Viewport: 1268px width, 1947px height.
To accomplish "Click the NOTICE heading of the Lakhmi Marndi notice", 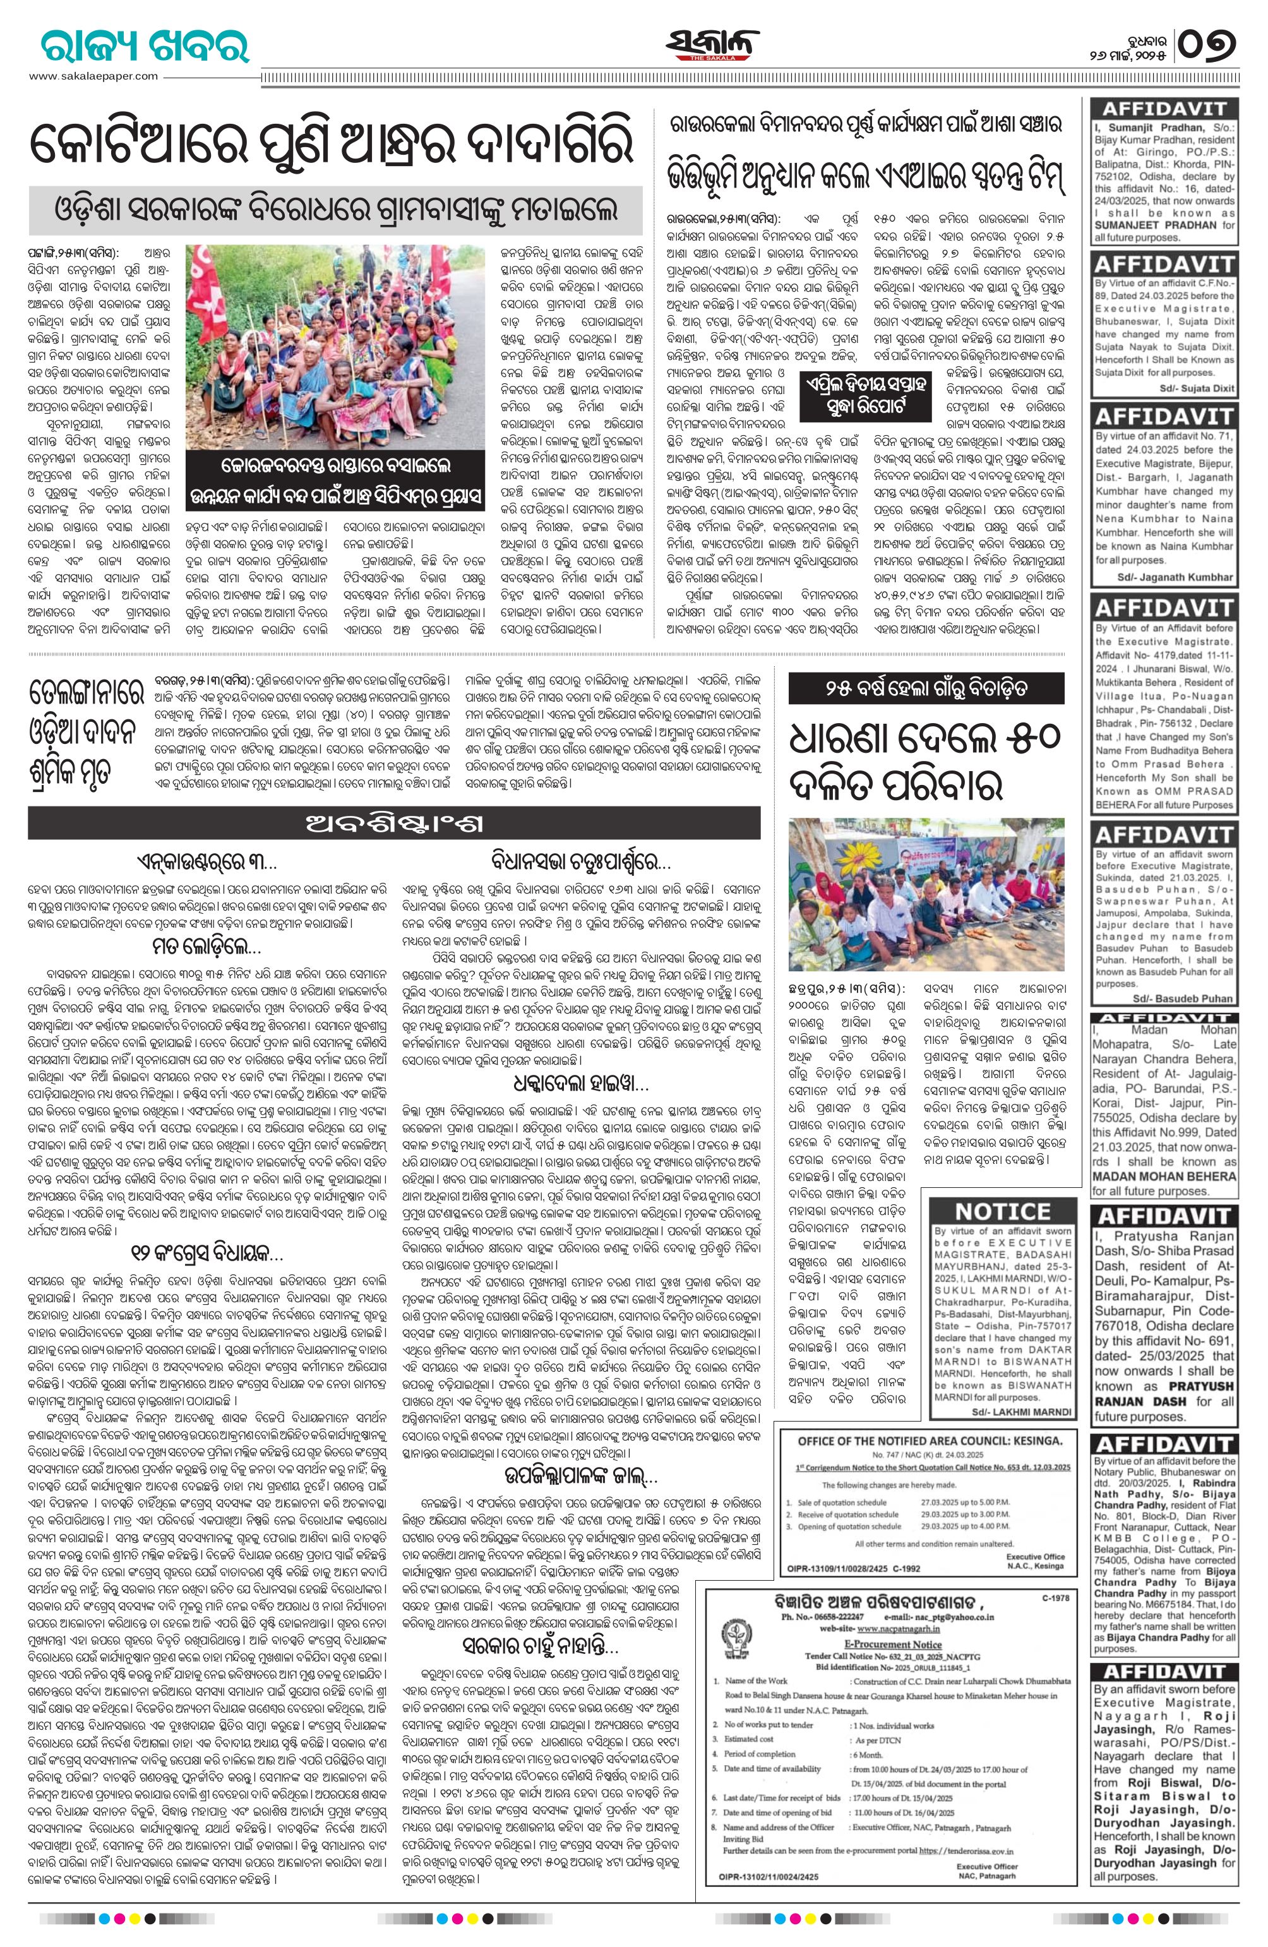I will [x=1002, y=1210].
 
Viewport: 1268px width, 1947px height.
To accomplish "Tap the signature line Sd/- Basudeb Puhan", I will [x=1193, y=999].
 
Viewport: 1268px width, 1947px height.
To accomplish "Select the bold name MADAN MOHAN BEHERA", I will [x=1165, y=1175].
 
